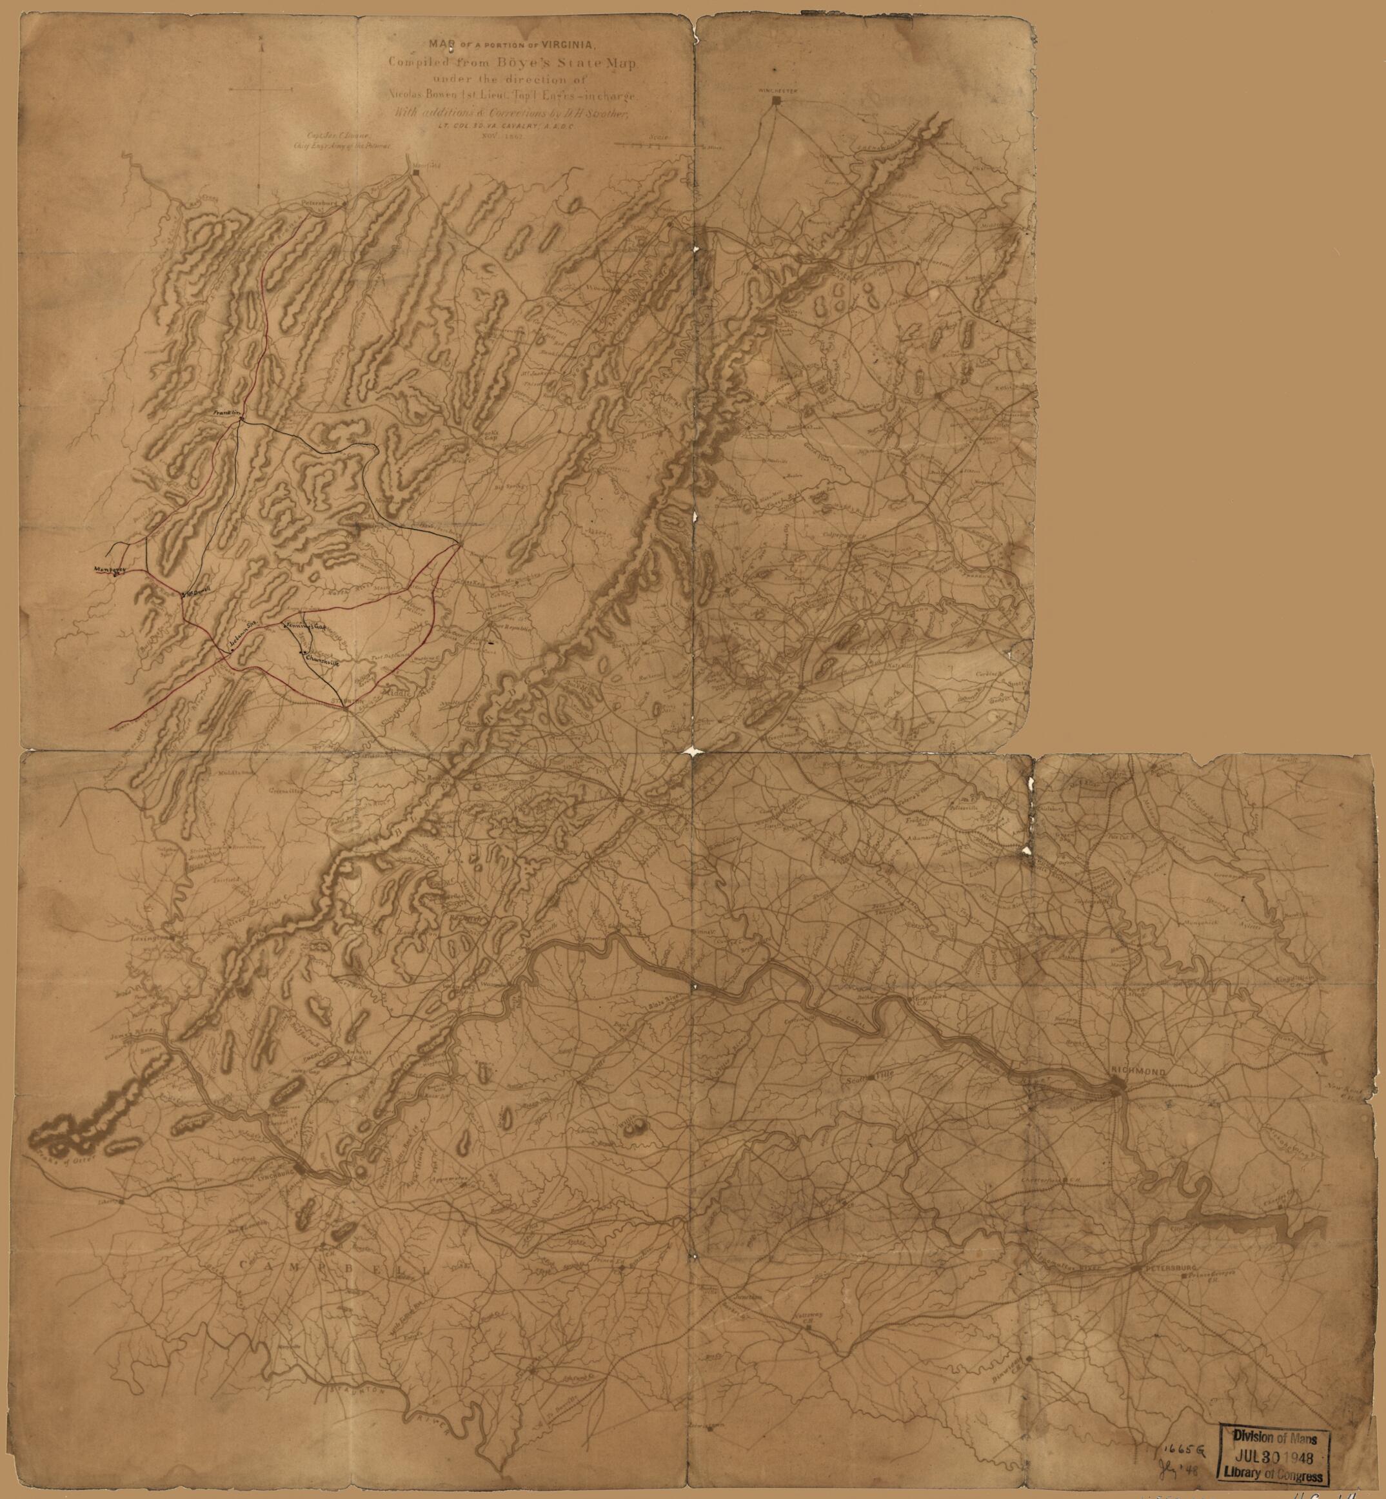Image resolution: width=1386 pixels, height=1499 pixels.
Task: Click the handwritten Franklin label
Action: click(x=225, y=413)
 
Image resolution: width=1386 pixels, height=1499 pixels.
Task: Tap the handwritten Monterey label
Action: click(x=108, y=570)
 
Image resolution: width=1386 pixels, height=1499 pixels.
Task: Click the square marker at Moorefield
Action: click(x=415, y=173)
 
